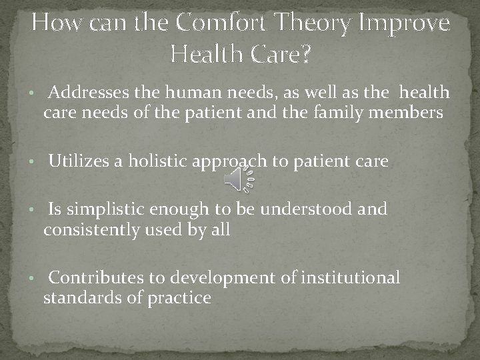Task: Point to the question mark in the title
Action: click(304, 53)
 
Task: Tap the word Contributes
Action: click(93, 277)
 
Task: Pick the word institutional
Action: click(351, 277)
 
